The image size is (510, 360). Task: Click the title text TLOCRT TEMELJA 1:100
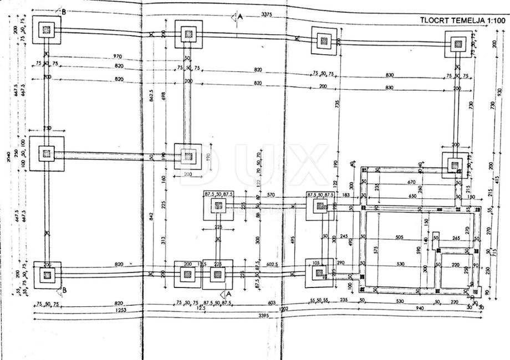point(463,20)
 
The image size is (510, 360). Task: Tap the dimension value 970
point(117,56)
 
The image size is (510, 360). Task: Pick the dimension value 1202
point(283,308)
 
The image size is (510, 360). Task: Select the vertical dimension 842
point(151,217)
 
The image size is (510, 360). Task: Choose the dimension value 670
point(411,182)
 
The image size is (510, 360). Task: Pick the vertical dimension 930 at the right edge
point(499,91)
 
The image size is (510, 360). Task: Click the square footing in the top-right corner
point(457,43)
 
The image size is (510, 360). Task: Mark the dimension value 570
point(271,195)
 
